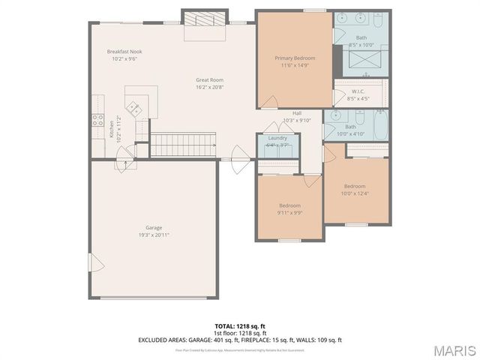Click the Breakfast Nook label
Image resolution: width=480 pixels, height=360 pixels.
(x=124, y=52)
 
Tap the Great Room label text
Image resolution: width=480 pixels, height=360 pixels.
(x=209, y=79)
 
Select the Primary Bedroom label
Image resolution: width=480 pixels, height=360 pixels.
(x=295, y=58)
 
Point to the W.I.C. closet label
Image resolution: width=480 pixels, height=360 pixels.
(x=358, y=91)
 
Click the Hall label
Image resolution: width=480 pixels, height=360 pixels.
(x=297, y=113)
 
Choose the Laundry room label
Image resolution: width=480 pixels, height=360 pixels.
(x=277, y=138)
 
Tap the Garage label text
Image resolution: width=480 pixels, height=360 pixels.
(x=154, y=228)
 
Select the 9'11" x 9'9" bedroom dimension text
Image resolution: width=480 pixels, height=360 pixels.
(x=289, y=212)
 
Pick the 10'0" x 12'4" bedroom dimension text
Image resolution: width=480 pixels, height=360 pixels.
(x=355, y=193)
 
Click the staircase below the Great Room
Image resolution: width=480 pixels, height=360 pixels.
(x=184, y=145)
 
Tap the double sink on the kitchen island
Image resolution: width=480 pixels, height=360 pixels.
(x=135, y=107)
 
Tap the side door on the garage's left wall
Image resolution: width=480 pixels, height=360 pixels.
(x=94, y=263)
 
